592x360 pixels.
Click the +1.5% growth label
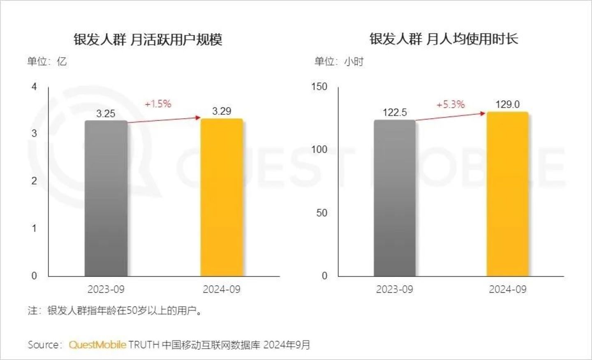click(x=158, y=104)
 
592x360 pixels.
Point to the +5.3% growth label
click(x=451, y=105)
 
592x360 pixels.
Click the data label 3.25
click(x=106, y=114)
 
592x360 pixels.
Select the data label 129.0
click(x=507, y=104)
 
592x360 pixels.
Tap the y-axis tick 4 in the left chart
click(x=34, y=87)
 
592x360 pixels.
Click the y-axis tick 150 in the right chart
click(x=319, y=87)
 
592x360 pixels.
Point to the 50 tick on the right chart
click(x=321, y=213)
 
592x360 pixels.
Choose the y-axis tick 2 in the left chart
click(x=34, y=181)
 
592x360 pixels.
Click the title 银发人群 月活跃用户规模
click(x=148, y=39)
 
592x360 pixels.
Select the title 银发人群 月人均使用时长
click(x=444, y=39)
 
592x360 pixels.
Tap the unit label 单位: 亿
click(x=47, y=62)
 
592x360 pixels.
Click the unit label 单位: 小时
click(x=339, y=62)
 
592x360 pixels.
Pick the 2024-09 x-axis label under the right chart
click(x=507, y=289)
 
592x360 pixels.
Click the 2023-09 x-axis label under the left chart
click(x=106, y=289)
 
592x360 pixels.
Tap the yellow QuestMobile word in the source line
click(x=97, y=345)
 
